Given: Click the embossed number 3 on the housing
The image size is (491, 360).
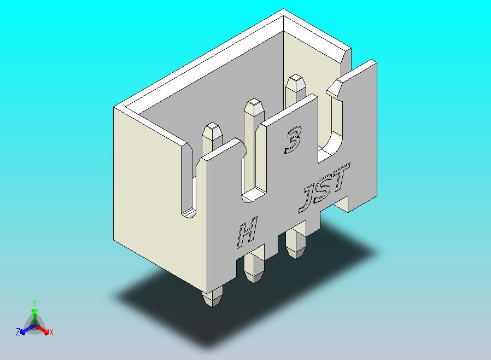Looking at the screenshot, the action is pos(293,140).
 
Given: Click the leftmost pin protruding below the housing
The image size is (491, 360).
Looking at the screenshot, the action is pos(212,297).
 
